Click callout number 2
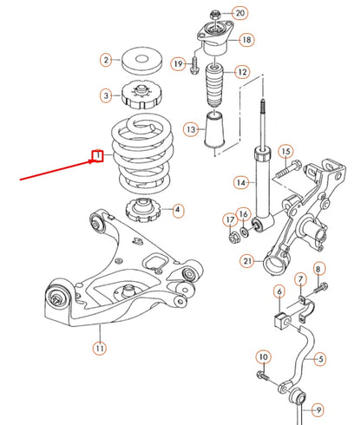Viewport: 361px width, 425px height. (x=106, y=60)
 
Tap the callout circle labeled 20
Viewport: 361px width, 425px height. (x=240, y=13)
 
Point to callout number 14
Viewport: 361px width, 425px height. (x=241, y=182)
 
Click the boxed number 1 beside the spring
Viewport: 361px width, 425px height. (x=99, y=156)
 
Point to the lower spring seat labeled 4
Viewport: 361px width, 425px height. (x=140, y=210)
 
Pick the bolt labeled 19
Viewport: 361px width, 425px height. (x=194, y=64)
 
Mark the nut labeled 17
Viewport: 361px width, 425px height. (x=233, y=233)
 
